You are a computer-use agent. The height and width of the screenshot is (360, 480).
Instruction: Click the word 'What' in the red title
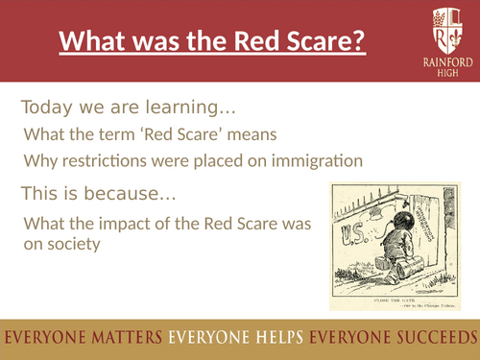(92, 44)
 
